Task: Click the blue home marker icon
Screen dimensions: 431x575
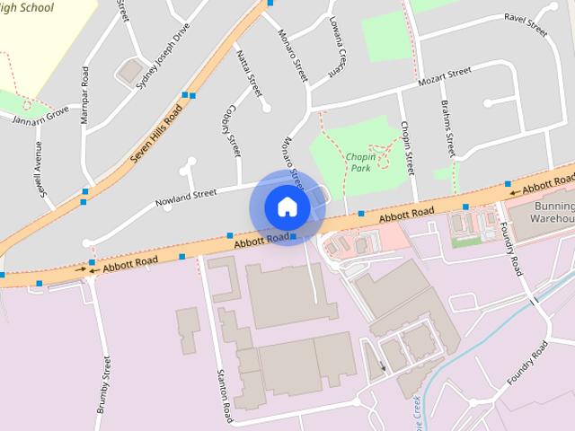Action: pyautogui.click(x=287, y=207)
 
